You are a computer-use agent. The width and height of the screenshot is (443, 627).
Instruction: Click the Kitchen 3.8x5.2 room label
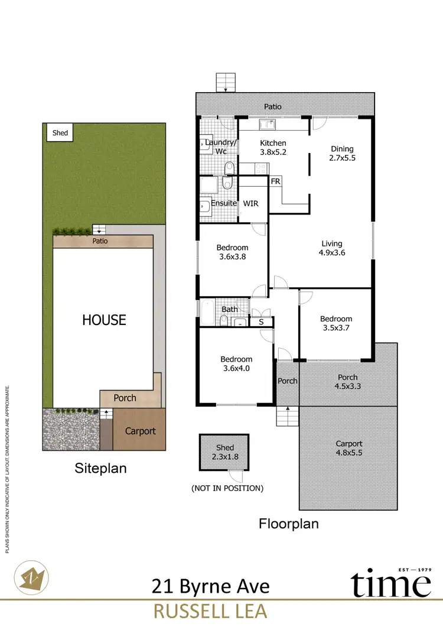click(x=273, y=148)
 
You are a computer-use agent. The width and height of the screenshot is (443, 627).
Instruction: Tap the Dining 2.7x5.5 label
click(x=342, y=154)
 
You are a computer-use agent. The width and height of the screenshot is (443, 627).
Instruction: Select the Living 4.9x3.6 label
click(x=332, y=248)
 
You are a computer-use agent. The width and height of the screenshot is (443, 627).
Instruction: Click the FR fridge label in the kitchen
click(x=276, y=181)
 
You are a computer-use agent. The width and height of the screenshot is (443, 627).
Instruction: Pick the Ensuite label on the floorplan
click(x=224, y=203)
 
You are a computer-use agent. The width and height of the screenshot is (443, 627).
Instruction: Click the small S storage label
click(x=261, y=322)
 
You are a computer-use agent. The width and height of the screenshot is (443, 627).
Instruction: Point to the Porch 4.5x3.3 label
click(x=347, y=382)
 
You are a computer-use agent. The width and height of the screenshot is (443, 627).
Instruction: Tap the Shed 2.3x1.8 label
click(x=225, y=452)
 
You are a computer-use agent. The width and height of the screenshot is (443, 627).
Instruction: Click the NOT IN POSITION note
click(x=227, y=488)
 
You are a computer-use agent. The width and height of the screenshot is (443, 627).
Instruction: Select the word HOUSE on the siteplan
click(x=104, y=320)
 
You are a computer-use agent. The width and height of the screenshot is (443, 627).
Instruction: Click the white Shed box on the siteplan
click(x=60, y=133)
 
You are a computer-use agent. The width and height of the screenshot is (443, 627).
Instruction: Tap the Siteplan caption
click(x=100, y=469)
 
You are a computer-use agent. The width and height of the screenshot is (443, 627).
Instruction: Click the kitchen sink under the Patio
click(x=267, y=124)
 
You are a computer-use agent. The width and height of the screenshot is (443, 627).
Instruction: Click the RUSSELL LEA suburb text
click(x=210, y=611)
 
